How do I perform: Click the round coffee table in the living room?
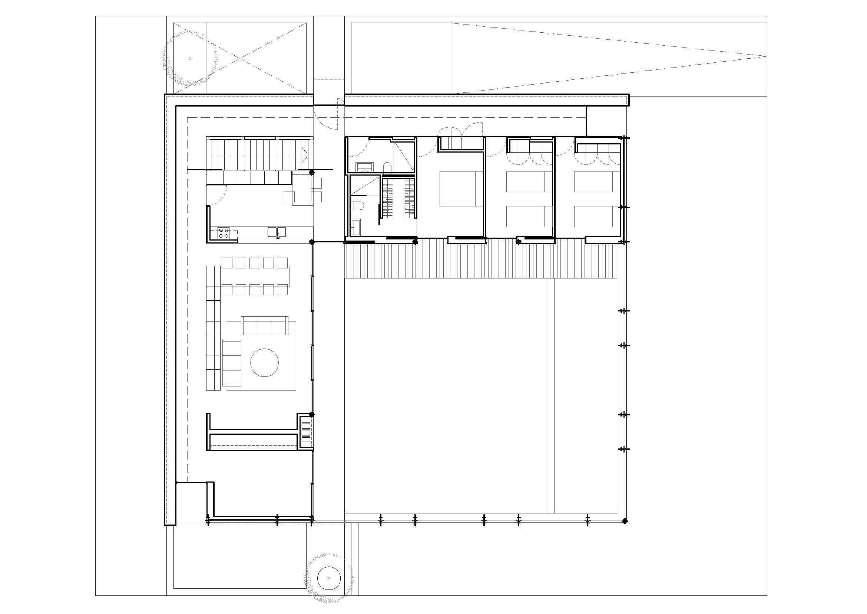[264, 363]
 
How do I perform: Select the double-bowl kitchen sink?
[277, 231]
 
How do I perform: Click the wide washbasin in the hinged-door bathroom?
[365, 166]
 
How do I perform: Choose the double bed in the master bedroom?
[461, 189]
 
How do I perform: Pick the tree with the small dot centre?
[190, 59]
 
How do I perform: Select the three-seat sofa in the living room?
[264, 326]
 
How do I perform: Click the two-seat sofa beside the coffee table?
[232, 363]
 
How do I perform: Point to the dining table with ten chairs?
[255, 276]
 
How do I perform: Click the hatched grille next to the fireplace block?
[305, 432]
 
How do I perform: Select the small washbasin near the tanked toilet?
[356, 227]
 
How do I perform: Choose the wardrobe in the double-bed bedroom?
[462, 143]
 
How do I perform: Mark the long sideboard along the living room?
[213, 328]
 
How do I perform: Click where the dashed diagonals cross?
[240, 58]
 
